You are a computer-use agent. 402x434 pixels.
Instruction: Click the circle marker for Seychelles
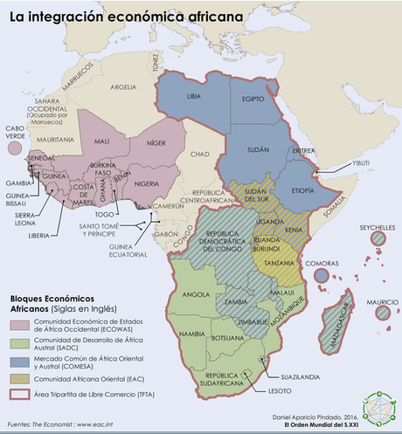[378, 238]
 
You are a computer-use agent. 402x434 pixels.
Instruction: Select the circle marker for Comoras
[321, 275]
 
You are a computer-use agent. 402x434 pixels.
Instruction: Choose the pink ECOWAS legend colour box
[20, 326]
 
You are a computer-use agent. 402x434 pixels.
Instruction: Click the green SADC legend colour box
[20, 344]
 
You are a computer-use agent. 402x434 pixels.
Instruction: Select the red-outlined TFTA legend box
[20, 394]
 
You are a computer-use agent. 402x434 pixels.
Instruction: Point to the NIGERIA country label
[146, 183]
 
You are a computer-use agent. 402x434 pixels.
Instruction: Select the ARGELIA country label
[123, 86]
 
